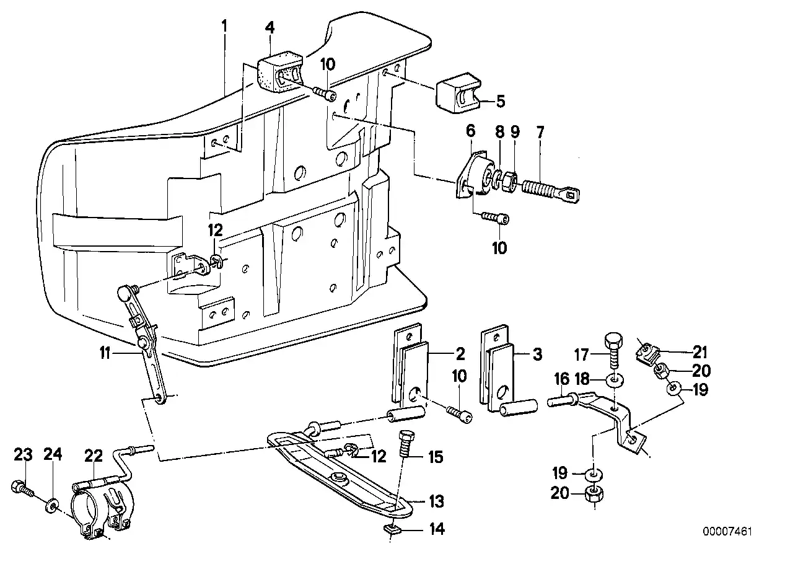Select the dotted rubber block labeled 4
click(x=278, y=73)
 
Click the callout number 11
click(x=105, y=354)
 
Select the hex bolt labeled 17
click(x=611, y=350)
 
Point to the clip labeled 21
click(x=647, y=354)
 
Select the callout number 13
click(x=437, y=501)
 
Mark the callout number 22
click(x=93, y=456)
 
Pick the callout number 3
click(x=537, y=355)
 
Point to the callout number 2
click(x=459, y=355)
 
